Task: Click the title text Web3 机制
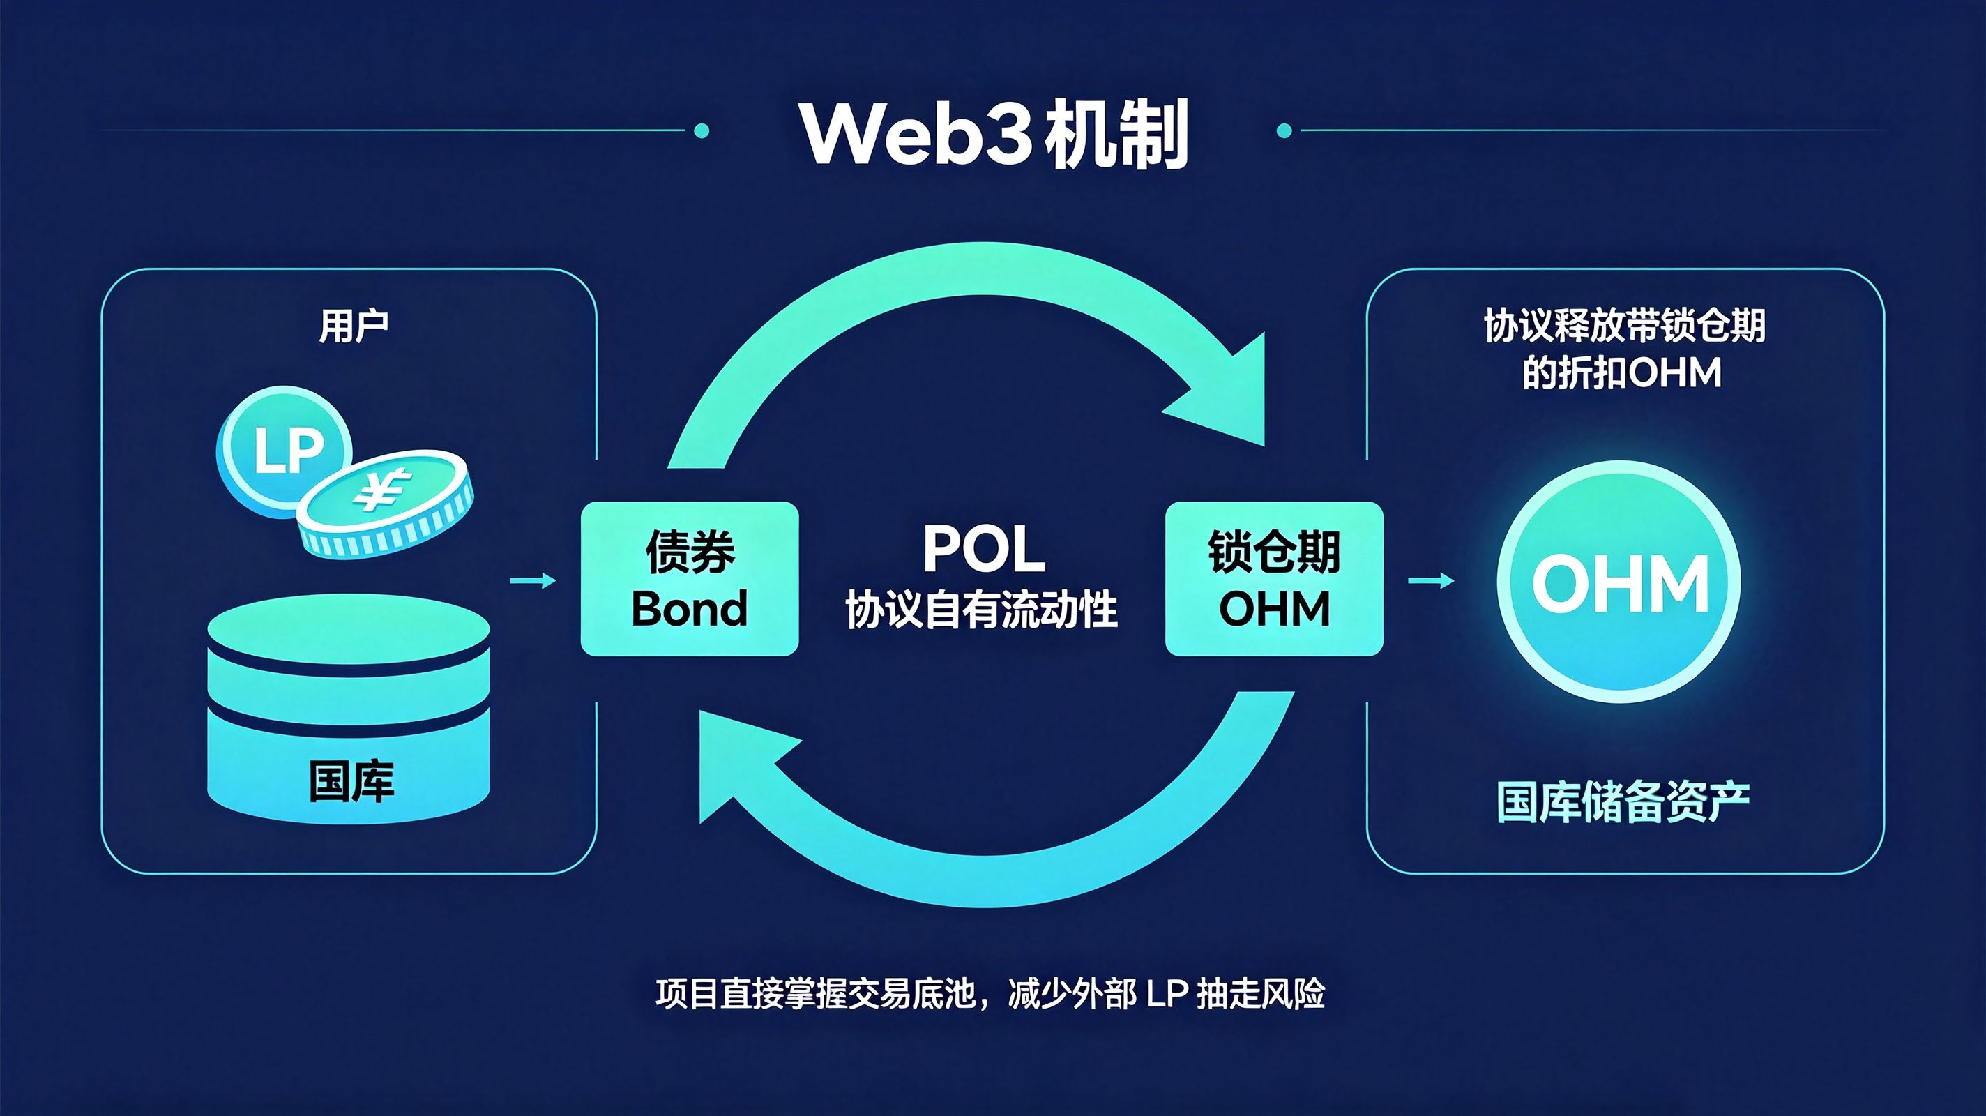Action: pyautogui.click(x=994, y=134)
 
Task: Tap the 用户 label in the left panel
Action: pyautogui.click(x=353, y=326)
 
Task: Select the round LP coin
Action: pyautogui.click(x=284, y=451)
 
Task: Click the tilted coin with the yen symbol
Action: pyautogui.click(x=386, y=503)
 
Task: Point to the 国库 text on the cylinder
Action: pyautogui.click(x=351, y=781)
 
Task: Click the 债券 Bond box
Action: pyautogui.click(x=689, y=579)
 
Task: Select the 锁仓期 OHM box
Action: pyautogui.click(x=1273, y=579)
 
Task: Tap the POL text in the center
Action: pyautogui.click(x=984, y=549)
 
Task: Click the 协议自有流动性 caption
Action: pyautogui.click(x=981, y=610)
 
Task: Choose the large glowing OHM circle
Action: pyautogui.click(x=1619, y=582)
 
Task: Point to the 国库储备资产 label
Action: pyautogui.click(x=1623, y=803)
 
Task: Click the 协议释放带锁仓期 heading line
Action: pyautogui.click(x=1624, y=326)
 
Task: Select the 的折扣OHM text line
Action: pyautogui.click(x=1622, y=373)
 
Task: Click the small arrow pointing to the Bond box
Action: pyautogui.click(x=533, y=581)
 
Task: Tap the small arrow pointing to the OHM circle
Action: pyautogui.click(x=1431, y=581)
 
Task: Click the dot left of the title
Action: pyautogui.click(x=702, y=131)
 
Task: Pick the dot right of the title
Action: pyautogui.click(x=1284, y=131)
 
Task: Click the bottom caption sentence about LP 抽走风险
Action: pyautogui.click(x=991, y=994)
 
